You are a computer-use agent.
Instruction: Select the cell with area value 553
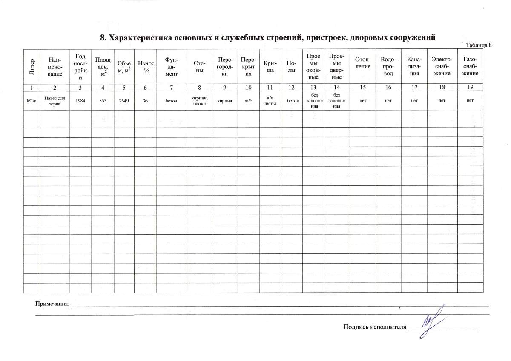pyautogui.click(x=102, y=101)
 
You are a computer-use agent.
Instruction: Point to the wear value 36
pyautogui.click(x=145, y=101)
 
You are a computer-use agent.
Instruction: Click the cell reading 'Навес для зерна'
pyautogui.click(x=55, y=101)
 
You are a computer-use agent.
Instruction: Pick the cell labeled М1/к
pyautogui.click(x=32, y=101)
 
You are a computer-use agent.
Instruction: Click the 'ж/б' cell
pyautogui.click(x=249, y=101)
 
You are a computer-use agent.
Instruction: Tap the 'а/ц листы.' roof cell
pyautogui.click(x=270, y=101)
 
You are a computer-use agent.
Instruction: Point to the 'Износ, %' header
pyautogui.click(x=145, y=66)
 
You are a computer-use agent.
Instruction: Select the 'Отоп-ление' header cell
pyautogui.click(x=362, y=66)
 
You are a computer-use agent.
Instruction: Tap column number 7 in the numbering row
pyautogui.click(x=171, y=87)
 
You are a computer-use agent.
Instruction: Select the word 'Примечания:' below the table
pyautogui.click(x=52, y=304)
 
